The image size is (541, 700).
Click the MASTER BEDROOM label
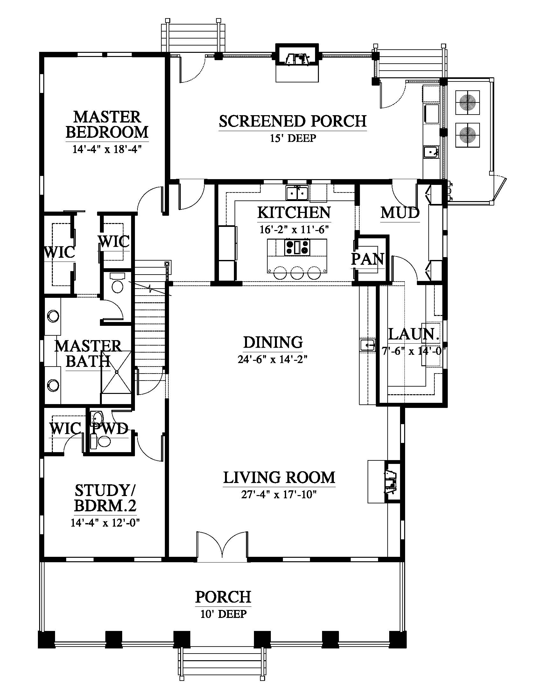(x=107, y=125)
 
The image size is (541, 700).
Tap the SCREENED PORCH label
(x=292, y=121)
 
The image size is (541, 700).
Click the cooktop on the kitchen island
(x=297, y=247)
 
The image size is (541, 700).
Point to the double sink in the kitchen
(x=297, y=192)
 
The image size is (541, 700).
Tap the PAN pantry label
(x=367, y=259)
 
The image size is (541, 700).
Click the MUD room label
(x=400, y=213)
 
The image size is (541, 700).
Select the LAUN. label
(x=413, y=334)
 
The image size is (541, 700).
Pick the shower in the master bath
(x=116, y=372)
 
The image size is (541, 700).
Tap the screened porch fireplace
(x=297, y=63)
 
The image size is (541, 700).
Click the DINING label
(x=273, y=342)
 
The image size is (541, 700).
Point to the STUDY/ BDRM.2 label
(x=105, y=498)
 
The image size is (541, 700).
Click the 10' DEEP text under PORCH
(x=223, y=614)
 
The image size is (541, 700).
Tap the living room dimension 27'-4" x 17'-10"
(x=279, y=494)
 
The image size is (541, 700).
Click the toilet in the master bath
(x=116, y=282)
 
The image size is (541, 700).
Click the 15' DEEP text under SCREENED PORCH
(x=292, y=138)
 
